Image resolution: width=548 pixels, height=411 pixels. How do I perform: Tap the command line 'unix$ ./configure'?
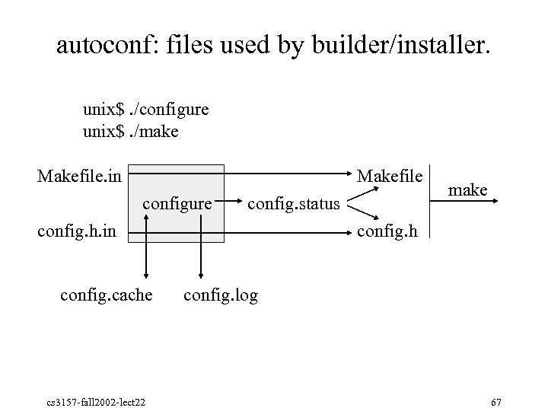click(146, 110)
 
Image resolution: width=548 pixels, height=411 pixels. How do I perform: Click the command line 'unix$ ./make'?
click(131, 132)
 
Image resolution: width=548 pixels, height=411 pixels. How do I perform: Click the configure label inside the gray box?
click(177, 204)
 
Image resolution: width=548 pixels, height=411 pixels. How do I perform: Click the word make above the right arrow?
click(468, 190)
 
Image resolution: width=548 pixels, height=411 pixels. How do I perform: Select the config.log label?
click(221, 295)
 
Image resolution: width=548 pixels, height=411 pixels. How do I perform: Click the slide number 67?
click(496, 401)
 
